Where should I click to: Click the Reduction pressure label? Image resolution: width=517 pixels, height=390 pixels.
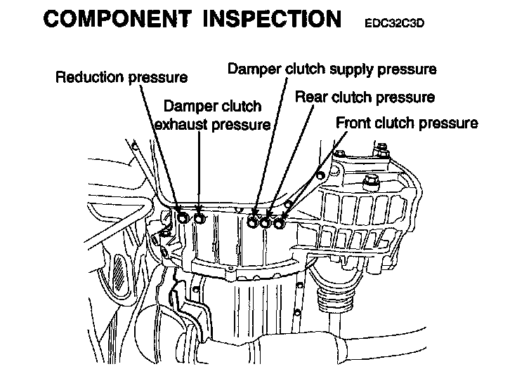coord(122,76)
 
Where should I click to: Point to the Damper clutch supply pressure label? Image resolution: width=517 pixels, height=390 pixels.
coord(332,69)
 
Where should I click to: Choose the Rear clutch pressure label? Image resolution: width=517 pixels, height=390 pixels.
coord(365,97)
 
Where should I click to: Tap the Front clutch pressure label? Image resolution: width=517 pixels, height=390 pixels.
coord(407,123)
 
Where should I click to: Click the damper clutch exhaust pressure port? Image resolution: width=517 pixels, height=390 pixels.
coord(199,219)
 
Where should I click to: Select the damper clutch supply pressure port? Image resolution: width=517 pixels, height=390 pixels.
coord(254,224)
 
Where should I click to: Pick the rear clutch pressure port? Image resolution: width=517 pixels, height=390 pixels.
coord(266,224)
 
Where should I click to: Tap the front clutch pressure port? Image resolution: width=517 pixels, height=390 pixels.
coord(279,224)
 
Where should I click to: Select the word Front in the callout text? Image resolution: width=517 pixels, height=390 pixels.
coord(355,123)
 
